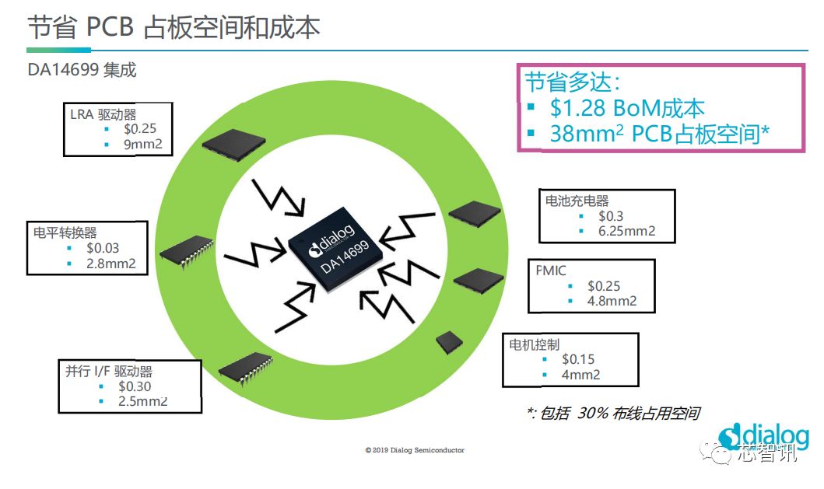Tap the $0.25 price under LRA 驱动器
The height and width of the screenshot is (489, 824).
(x=140, y=128)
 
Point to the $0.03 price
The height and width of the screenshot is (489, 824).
(x=103, y=248)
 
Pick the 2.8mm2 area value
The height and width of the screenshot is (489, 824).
(x=111, y=264)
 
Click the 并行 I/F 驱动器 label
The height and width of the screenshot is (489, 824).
(x=109, y=371)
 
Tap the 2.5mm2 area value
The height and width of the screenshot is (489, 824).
(x=143, y=401)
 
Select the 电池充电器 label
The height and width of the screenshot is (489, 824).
(x=577, y=201)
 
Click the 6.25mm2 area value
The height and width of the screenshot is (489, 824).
(x=627, y=231)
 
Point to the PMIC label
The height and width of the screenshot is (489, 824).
(x=551, y=271)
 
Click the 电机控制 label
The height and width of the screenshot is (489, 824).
(x=535, y=344)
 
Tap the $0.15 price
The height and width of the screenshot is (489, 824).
(x=578, y=359)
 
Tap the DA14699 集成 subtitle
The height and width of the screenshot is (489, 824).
(x=82, y=70)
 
